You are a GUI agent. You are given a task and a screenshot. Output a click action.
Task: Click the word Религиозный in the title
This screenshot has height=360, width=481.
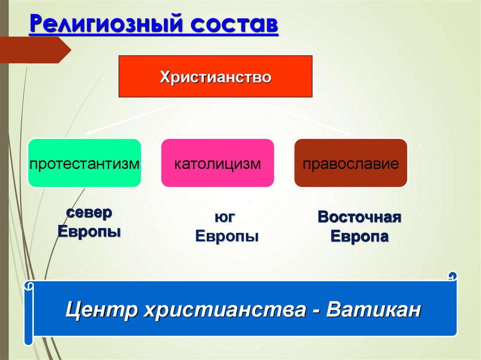(106, 23)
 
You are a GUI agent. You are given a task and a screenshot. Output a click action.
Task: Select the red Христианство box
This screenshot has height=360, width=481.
(215, 77)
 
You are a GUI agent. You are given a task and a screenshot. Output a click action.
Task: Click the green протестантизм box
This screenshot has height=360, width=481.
(85, 163)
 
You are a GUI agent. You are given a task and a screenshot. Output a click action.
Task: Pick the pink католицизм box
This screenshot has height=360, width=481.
(217, 163)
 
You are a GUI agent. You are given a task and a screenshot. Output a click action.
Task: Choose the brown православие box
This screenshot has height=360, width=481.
(350, 163)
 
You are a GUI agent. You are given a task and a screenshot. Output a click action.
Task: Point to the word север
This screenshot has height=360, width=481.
(89, 213)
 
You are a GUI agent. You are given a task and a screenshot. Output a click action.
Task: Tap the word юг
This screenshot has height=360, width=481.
(225, 217)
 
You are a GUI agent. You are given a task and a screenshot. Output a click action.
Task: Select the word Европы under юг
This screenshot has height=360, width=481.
(227, 237)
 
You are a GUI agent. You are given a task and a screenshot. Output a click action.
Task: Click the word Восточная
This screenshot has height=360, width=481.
(359, 217)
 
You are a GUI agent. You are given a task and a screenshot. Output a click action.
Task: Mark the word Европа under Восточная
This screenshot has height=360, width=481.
(359, 237)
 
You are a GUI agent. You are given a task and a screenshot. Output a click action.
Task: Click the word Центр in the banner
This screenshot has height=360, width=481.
(101, 309)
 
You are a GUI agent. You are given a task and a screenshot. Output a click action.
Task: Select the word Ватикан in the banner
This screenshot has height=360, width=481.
(373, 309)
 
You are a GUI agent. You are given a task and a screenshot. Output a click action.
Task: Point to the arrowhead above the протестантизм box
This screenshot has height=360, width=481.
(88, 133)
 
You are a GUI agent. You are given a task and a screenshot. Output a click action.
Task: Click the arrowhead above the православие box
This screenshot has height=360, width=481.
(347, 133)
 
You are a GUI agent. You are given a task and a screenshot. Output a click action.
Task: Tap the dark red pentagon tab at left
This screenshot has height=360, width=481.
(35, 50)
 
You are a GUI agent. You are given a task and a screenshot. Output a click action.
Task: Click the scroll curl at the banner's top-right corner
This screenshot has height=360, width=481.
(452, 276)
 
